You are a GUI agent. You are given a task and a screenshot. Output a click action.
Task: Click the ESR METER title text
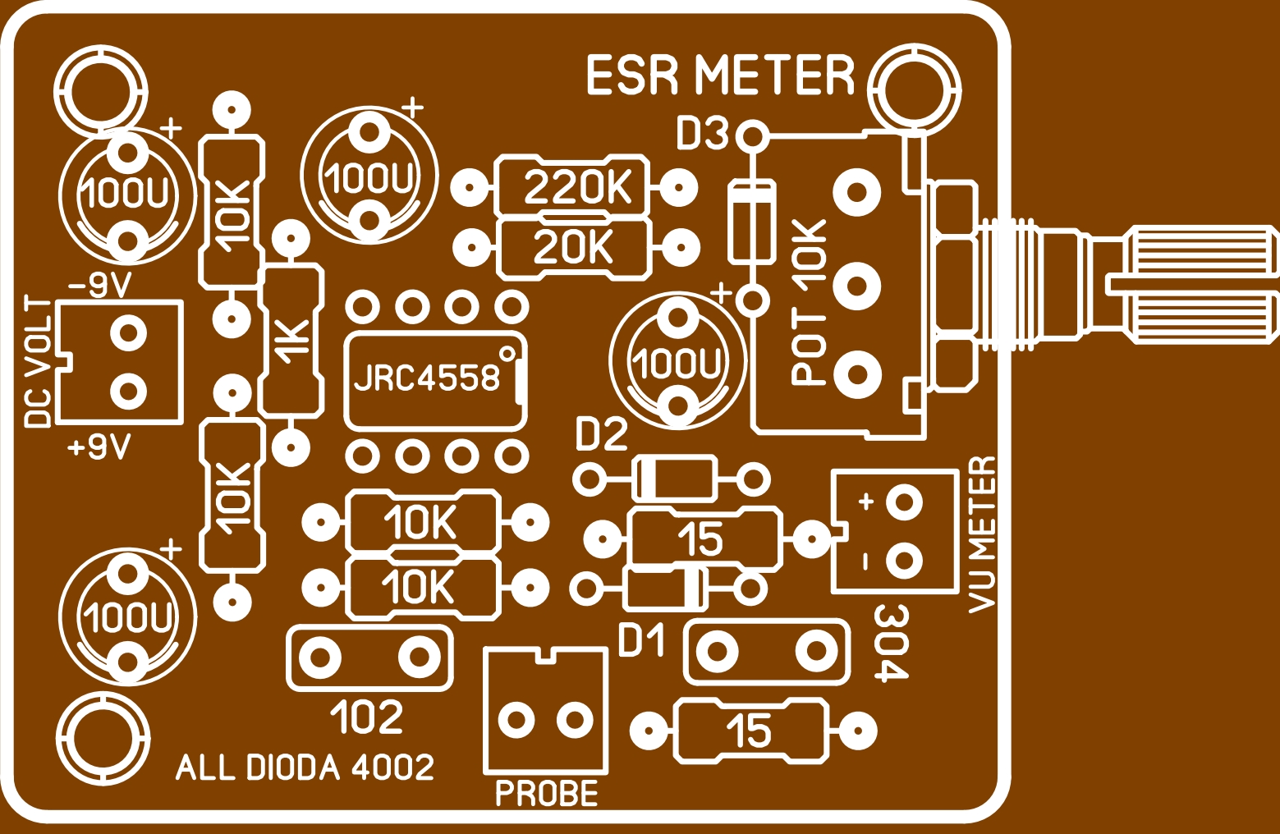click(720, 76)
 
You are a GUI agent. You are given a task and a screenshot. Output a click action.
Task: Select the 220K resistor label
click(577, 188)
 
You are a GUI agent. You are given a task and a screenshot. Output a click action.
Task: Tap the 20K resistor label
click(573, 247)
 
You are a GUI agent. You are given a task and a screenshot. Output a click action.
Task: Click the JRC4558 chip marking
click(427, 378)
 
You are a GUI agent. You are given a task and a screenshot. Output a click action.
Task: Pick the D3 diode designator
click(702, 134)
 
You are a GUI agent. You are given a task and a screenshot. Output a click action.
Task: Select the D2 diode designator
click(601, 434)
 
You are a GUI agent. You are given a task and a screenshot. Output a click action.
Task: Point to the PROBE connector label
click(547, 794)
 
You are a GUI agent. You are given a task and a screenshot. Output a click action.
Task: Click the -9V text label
click(100, 286)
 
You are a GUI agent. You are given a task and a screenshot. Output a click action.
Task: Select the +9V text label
click(100, 448)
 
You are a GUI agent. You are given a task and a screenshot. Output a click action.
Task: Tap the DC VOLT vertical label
click(39, 362)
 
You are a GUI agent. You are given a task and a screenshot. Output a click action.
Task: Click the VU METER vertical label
click(982, 534)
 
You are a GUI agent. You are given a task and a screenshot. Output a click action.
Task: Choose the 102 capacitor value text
click(367, 718)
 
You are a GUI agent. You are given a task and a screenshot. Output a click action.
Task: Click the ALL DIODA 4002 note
click(305, 768)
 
